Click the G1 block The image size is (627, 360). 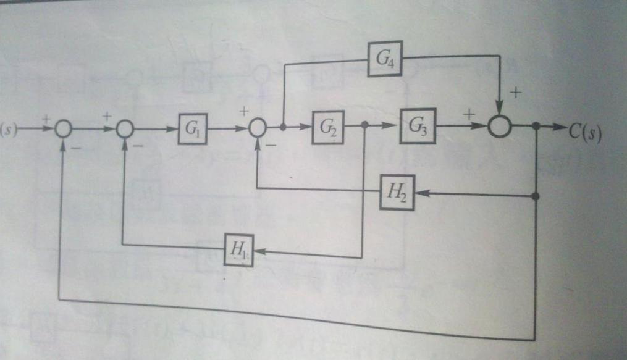(x=193, y=129)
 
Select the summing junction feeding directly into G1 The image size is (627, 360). (x=125, y=129)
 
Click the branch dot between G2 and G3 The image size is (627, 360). (x=364, y=125)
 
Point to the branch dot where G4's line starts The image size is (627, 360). (x=283, y=128)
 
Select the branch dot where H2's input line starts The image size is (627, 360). (x=536, y=196)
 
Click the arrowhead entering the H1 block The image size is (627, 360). (x=259, y=251)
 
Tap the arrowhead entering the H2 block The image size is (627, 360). (x=420, y=194)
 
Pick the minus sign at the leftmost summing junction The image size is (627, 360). (x=75, y=148)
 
